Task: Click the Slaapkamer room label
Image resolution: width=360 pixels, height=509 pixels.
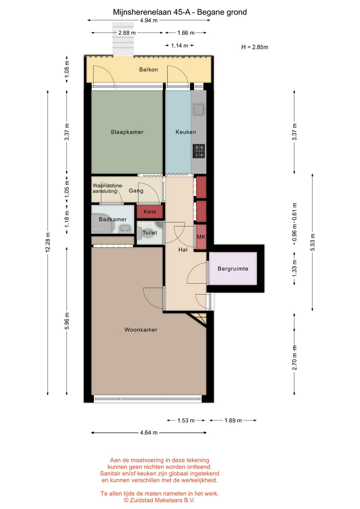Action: [127, 132]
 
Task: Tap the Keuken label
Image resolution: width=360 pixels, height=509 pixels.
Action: [186, 132]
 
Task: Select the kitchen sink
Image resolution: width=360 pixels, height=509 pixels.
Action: [198, 109]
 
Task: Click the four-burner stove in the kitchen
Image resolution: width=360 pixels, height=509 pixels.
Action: [199, 151]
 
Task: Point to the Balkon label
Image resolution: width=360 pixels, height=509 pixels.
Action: [148, 69]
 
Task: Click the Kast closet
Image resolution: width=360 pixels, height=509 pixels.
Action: [150, 212]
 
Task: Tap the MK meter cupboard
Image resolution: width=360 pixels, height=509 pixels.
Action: [201, 237]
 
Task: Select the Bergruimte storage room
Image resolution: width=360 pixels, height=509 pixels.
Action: [233, 269]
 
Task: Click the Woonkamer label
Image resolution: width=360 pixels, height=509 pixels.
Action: [141, 330]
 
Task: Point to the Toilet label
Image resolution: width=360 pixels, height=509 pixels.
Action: [150, 233]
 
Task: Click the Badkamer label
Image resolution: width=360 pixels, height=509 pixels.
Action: [112, 220]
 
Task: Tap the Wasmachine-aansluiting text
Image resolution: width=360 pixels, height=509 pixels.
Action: [108, 188]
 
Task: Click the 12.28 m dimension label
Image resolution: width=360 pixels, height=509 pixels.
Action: [48, 242]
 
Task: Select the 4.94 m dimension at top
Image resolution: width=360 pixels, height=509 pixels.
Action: [148, 21]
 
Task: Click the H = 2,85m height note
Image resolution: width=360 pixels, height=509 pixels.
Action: [255, 47]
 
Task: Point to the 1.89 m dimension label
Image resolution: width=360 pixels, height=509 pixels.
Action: [233, 420]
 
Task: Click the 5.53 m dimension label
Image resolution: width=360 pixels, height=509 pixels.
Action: [313, 242]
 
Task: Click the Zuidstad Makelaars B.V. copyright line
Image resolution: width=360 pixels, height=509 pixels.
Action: [160, 500]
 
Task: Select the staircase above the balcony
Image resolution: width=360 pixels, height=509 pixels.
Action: [123, 39]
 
